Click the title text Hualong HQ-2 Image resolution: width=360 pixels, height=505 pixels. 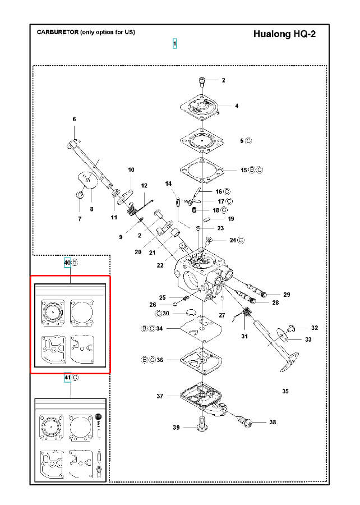[x=284, y=34]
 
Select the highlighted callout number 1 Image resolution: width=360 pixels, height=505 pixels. [x=175, y=43]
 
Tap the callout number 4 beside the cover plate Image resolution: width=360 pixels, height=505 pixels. [x=237, y=105]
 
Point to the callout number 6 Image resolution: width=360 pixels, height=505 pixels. [x=75, y=119]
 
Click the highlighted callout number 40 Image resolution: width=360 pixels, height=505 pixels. [x=67, y=263]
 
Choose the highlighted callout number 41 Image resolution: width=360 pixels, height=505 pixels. [x=67, y=378]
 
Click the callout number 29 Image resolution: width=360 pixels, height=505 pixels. [x=287, y=295]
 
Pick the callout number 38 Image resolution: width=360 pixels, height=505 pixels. [x=273, y=422]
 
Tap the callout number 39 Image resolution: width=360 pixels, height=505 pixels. [x=176, y=428]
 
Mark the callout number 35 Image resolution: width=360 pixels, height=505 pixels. [x=285, y=391]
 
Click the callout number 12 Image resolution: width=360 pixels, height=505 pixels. [x=144, y=186]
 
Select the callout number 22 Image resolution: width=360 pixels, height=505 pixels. [x=160, y=265]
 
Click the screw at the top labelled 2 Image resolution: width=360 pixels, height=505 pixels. [x=201, y=81]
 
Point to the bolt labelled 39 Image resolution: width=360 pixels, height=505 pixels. [x=201, y=424]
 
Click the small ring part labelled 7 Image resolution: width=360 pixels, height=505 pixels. [x=80, y=195]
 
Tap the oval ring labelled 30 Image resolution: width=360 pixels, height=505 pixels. [x=191, y=312]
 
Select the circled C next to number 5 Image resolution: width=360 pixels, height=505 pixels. [x=248, y=141]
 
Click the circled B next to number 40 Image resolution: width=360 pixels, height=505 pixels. [x=75, y=263]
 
